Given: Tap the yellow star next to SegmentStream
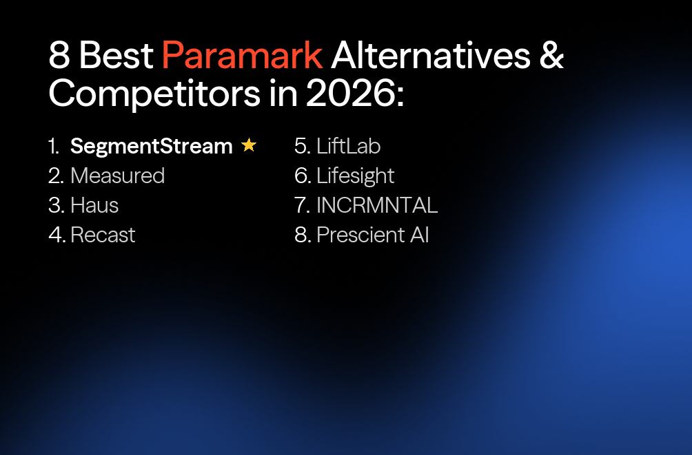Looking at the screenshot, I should pos(249,145).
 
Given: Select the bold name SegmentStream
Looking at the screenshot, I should pos(152,146).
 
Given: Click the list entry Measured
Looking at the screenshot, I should pos(117,176).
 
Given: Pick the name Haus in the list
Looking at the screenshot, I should pos(94,205).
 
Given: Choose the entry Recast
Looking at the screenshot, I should pos(103,235).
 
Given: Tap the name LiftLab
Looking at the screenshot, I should pos(348,146).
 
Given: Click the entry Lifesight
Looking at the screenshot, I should pos(355,176).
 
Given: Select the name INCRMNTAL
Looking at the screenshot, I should pos(377,205).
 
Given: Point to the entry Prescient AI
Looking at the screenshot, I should pos(373,235).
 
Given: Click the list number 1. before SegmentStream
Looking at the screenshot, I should pos(54,146).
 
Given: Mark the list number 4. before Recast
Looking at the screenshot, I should pos(57,235).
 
